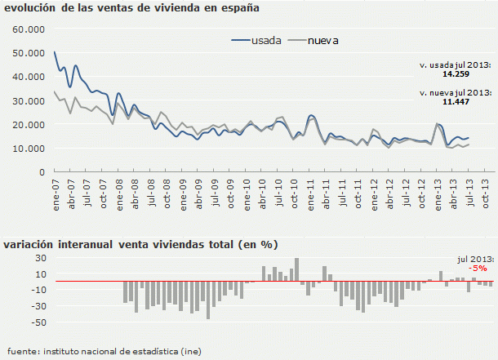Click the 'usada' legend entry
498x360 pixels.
[267, 40]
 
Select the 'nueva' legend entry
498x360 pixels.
[322, 40]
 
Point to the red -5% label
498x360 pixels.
[478, 268]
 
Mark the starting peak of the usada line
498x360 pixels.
[55, 52]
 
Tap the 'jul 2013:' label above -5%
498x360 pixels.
[472, 258]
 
